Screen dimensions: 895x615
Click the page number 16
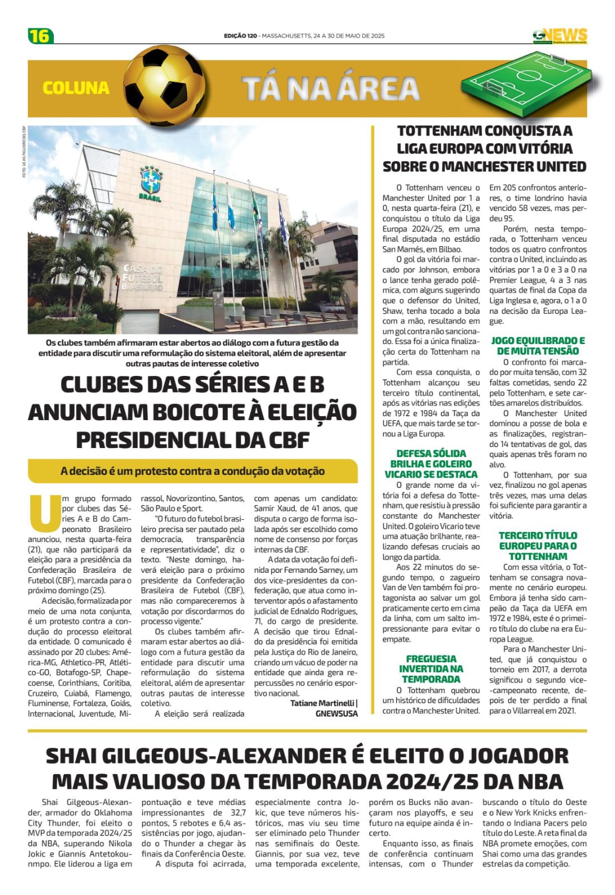[x=40, y=36]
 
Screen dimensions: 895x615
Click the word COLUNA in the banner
[x=76, y=88]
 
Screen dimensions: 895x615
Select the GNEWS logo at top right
[x=560, y=36]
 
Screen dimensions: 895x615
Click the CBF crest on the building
[x=151, y=180]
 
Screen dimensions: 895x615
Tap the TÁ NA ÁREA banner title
[x=330, y=88]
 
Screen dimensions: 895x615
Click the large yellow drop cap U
[x=44, y=512]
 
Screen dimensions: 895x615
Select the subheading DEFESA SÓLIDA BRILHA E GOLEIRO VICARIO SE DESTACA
[x=431, y=464]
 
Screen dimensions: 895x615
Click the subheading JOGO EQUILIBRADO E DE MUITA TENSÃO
[x=538, y=346]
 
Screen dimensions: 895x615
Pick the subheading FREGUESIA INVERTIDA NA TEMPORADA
[x=431, y=669]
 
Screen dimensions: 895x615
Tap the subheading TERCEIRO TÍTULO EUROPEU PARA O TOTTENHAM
[x=538, y=545]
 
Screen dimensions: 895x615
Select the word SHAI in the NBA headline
[x=73, y=756]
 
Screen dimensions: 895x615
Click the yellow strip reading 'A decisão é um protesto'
[x=193, y=471]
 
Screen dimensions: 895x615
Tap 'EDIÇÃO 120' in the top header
[x=240, y=36]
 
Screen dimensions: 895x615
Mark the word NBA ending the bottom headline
[x=538, y=781]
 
